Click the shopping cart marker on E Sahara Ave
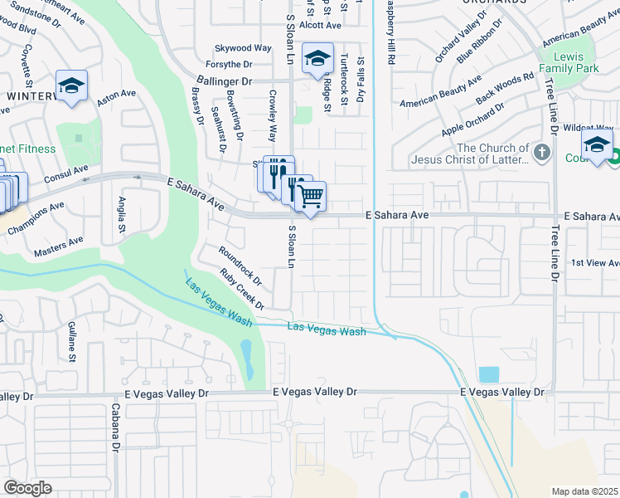(310, 197)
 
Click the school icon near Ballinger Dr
(317, 59)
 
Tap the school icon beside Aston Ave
(72, 85)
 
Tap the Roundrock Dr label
(240, 263)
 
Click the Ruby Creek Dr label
(242, 289)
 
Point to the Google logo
(27, 488)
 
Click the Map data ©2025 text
(584, 491)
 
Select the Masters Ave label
(59, 246)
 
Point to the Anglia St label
(122, 214)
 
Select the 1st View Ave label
(595, 263)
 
